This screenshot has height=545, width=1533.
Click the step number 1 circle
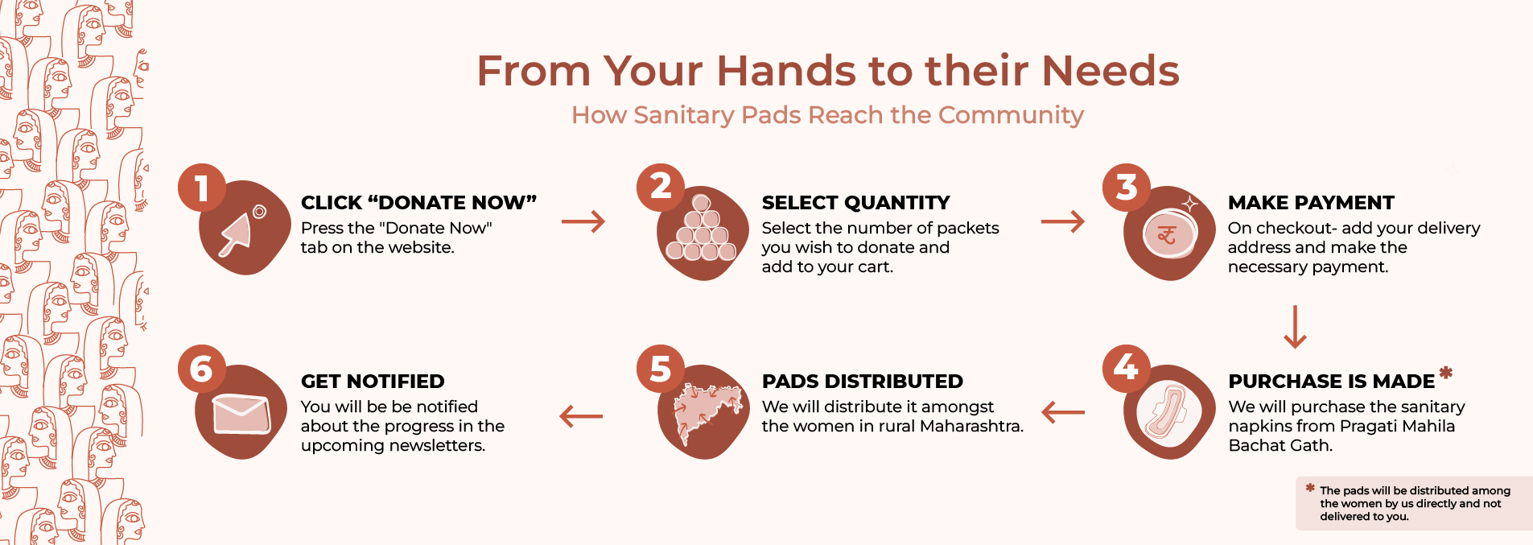[201, 188]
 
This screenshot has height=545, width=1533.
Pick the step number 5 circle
[661, 368]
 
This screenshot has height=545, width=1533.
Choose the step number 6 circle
[201, 368]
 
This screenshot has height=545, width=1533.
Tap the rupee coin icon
[1168, 235]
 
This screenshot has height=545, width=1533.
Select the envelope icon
[241, 414]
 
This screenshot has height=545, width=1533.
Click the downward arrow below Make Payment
[1295, 326]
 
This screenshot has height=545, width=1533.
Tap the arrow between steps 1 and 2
[583, 221]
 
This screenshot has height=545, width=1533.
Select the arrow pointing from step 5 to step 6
[581, 416]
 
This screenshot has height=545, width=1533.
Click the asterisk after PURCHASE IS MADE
[1446, 372]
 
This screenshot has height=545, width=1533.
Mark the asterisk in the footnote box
[1310, 488]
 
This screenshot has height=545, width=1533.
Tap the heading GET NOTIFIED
[373, 381]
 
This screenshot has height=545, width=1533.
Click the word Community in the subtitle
[1011, 116]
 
